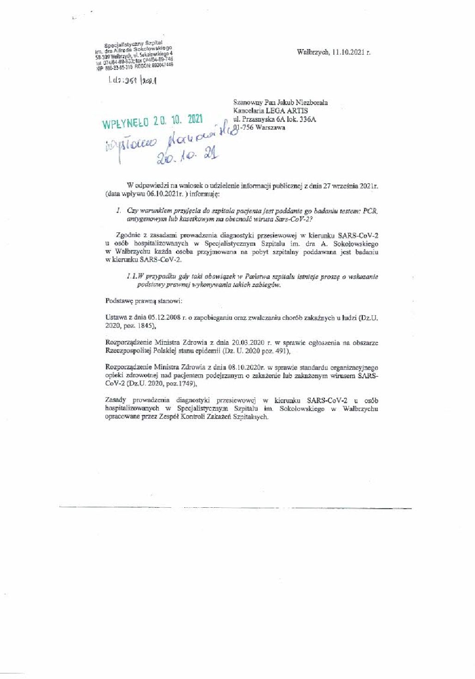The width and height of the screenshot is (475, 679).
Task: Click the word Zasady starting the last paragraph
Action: [x=116, y=400]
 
